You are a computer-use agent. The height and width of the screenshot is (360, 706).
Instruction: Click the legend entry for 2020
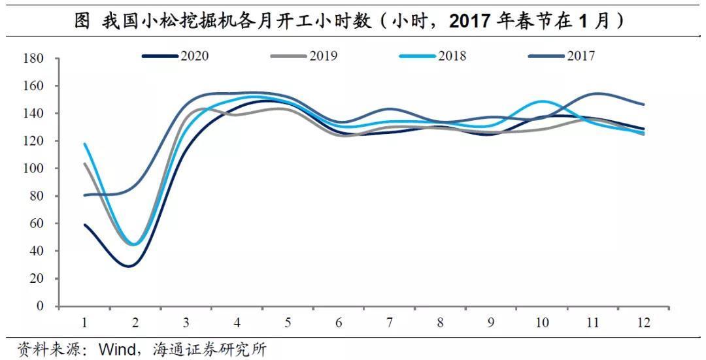176,56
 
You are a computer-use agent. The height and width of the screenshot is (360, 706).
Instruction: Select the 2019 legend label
305,56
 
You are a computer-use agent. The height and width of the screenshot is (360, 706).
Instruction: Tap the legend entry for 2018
433,56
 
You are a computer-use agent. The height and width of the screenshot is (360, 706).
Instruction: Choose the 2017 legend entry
562,56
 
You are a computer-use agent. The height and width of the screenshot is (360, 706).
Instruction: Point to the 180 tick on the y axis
34,59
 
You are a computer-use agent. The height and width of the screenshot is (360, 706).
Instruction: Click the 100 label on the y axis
34,169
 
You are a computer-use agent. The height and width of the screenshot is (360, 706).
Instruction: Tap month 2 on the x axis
135,323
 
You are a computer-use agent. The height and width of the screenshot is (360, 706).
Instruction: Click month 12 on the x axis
644,323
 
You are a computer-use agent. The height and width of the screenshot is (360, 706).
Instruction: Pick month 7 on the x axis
390,323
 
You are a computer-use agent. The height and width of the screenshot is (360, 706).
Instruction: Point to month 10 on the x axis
542,323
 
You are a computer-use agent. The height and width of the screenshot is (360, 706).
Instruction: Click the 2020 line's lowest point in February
130,266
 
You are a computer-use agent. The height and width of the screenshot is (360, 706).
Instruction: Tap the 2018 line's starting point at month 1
85,144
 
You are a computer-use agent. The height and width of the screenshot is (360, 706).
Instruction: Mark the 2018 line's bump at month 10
542,101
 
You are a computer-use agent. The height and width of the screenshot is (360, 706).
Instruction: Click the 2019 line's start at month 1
85,163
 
